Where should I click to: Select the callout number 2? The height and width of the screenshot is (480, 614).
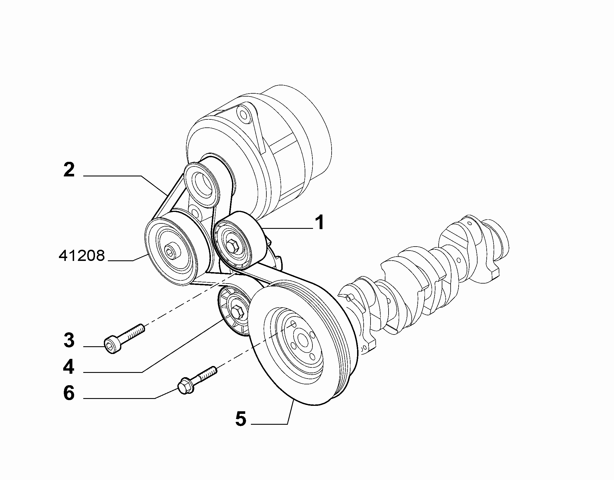[x=69, y=170]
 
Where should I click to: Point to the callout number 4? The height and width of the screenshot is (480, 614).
[x=69, y=367]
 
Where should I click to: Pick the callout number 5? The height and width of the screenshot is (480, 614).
[x=241, y=419]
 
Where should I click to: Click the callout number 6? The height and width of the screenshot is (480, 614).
[x=69, y=393]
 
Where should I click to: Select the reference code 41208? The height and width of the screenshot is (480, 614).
[x=82, y=255]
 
